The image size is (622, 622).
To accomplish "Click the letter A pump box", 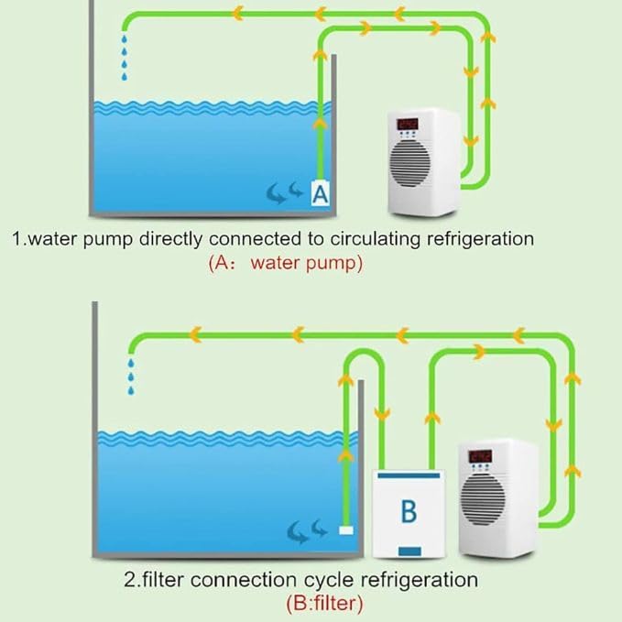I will [x=321, y=193].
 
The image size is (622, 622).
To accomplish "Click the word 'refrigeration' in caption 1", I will [x=472, y=240].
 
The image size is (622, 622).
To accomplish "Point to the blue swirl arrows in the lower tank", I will [x=307, y=529].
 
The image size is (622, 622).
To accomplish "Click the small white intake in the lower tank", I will [x=346, y=529].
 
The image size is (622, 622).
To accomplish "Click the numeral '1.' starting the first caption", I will [x=17, y=240].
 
